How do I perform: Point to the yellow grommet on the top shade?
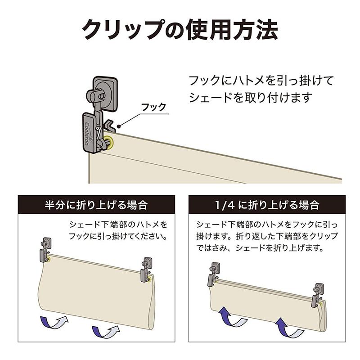(x=109, y=143)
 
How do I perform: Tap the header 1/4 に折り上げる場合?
(x=267, y=206)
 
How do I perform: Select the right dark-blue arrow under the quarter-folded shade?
(x=289, y=327)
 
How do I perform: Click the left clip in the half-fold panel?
(x=45, y=250)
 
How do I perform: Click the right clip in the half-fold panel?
(x=146, y=270)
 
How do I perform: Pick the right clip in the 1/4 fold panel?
(x=318, y=295)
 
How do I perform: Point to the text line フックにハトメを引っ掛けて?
(x=261, y=81)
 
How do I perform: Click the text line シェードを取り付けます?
(x=250, y=97)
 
